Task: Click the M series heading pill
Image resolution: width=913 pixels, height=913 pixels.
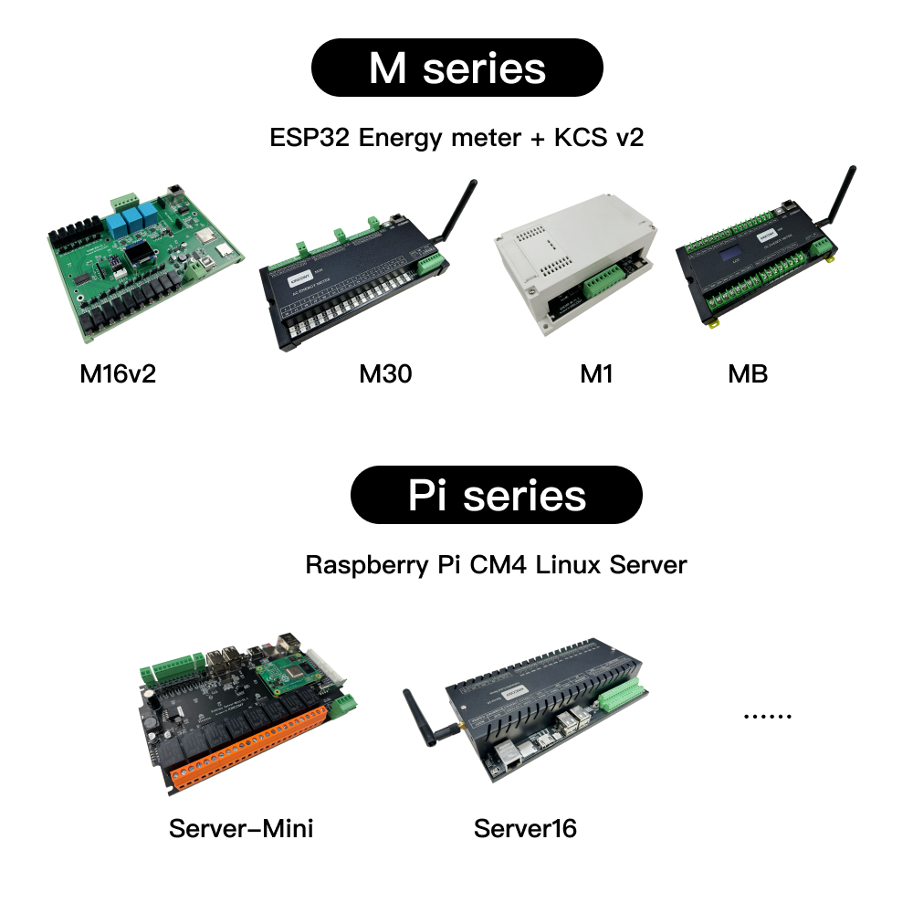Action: pos(456,68)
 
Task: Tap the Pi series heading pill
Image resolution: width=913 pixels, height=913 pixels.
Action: pos(497,495)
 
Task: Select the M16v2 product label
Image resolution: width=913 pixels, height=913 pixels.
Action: pos(118,373)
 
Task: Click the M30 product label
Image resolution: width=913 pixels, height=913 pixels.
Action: pos(385,373)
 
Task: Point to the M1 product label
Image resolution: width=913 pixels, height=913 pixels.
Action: pos(596,373)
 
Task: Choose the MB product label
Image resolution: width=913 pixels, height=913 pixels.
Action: pos(748,373)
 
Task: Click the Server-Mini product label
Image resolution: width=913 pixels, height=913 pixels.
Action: pos(241,828)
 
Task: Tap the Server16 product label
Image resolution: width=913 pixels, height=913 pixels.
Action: pos(525,828)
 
